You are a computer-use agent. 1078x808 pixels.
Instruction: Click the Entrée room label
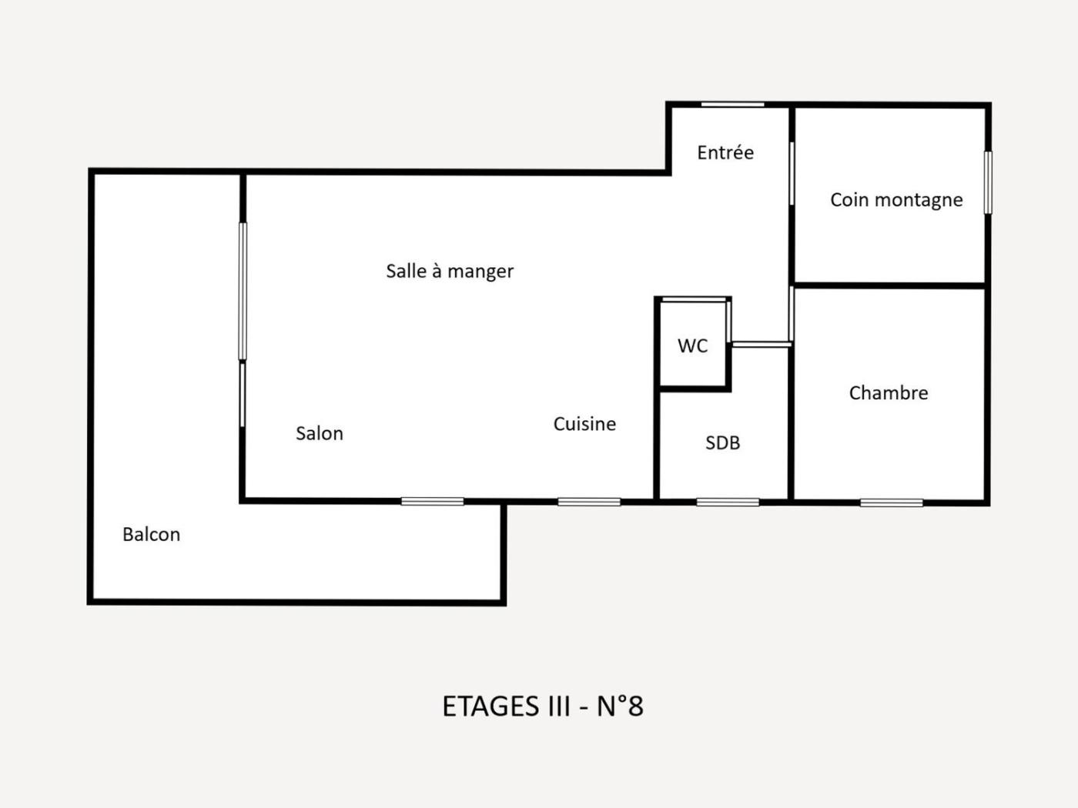[x=725, y=152]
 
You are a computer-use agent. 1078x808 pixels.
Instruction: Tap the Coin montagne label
[x=896, y=200]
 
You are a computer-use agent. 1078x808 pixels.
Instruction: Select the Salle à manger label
[x=450, y=272]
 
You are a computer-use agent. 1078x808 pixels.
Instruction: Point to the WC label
[x=692, y=346]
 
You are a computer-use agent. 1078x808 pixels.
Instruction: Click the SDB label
[x=722, y=443]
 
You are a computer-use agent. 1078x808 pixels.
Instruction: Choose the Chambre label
[x=889, y=393]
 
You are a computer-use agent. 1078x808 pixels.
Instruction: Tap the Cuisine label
[x=584, y=424]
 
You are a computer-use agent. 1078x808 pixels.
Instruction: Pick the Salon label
[x=320, y=433]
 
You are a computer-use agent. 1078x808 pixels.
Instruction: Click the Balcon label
[x=151, y=534]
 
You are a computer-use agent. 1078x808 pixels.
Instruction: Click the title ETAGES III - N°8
[x=543, y=706]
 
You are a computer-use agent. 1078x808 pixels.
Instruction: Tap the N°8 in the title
[x=620, y=706]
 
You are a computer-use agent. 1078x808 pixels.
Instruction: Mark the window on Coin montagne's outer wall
[x=988, y=182]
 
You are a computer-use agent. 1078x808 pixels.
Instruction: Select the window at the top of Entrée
[x=732, y=105]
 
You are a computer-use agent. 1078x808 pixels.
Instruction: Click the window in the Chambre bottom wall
[x=891, y=502]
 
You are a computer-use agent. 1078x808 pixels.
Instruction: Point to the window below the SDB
[x=728, y=502]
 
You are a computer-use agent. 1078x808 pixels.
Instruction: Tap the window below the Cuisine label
[x=589, y=502]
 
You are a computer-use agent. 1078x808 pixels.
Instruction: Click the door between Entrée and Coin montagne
[x=792, y=174]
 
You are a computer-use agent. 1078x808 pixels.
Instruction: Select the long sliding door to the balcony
[x=243, y=292]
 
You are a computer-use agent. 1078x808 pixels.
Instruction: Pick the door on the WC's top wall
[x=694, y=300]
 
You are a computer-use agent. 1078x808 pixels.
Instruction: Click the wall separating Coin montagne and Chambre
[x=889, y=285]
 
